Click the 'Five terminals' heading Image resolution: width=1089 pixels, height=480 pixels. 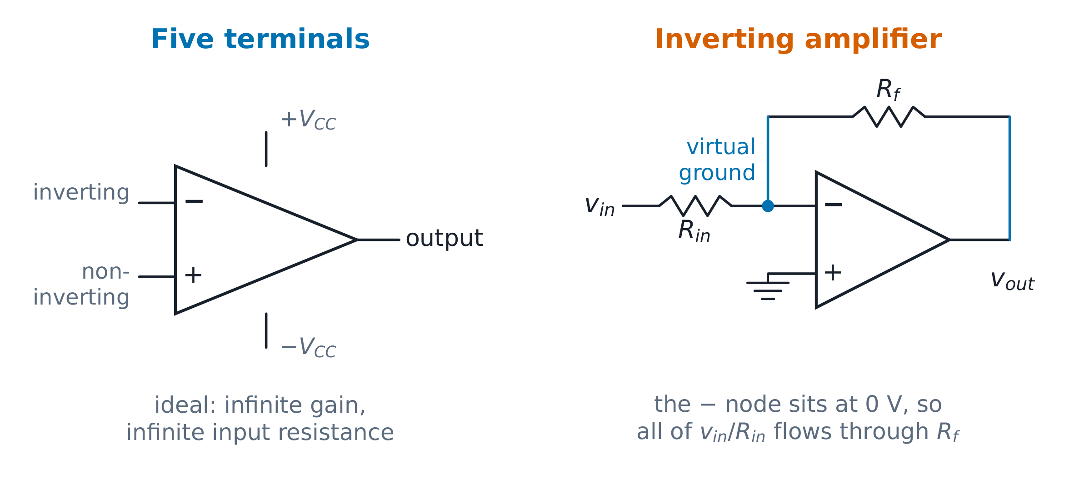pos(260,39)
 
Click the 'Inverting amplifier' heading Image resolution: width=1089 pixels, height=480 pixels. pos(798,40)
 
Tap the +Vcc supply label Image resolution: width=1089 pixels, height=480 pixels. pos(308,120)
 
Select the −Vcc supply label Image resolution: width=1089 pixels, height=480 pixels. pos(308,348)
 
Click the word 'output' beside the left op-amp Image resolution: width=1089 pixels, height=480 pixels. pos(444,239)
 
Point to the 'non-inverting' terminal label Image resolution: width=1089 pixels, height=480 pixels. pos(81,285)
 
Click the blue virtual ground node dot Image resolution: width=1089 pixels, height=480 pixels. pos(768,206)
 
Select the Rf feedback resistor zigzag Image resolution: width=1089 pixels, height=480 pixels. pos(889,117)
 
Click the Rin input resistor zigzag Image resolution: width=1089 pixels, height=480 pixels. pos(695,206)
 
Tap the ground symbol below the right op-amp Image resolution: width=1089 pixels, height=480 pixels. pos(768,287)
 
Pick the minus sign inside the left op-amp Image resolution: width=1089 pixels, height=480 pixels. pos(194,201)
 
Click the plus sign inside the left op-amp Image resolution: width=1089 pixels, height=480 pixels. pos(193,275)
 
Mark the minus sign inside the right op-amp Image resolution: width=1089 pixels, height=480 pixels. pos(833,205)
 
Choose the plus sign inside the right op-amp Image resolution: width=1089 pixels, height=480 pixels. pos(833,273)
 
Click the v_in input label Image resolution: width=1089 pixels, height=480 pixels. pos(599,205)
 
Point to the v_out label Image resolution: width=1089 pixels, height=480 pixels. pos(1012,280)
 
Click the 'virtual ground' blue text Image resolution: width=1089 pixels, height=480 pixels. pos(717,160)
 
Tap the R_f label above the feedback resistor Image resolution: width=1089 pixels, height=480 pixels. pos(888,90)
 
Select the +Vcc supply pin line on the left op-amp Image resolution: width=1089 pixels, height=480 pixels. pos(266,149)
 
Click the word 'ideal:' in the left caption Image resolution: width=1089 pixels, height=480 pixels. pos(185,405)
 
